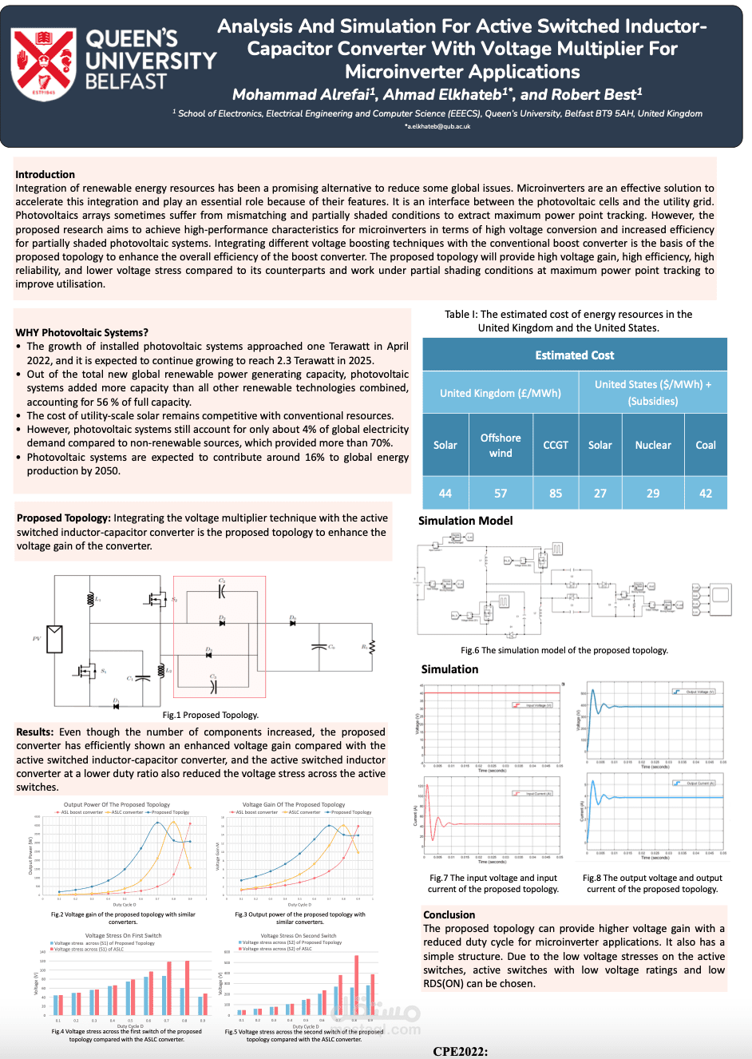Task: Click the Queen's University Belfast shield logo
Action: coord(43,64)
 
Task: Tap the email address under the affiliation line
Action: coord(437,126)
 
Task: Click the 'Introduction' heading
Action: coord(45,174)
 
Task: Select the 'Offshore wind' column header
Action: coord(501,445)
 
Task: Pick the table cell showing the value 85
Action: coord(556,493)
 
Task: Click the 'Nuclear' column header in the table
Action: coord(653,445)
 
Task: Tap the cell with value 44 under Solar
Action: coord(445,493)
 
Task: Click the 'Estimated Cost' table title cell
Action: coord(575,355)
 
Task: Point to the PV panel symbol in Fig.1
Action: coord(55,638)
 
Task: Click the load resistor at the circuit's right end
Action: coord(372,646)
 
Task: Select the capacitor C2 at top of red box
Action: coord(222,591)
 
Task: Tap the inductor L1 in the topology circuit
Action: coord(92,598)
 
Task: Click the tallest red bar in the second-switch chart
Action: coord(356,984)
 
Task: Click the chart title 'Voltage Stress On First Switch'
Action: coord(123,935)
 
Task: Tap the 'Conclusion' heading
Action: coord(449,914)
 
